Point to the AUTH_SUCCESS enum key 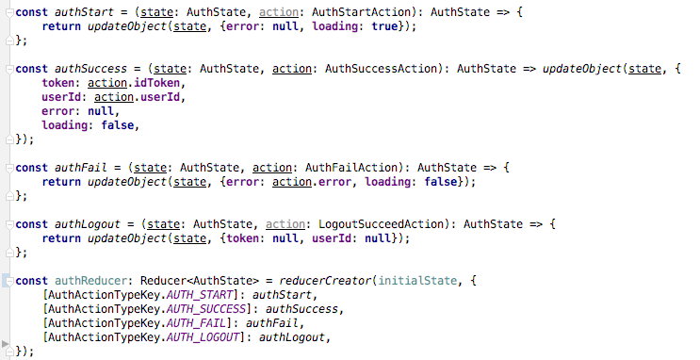pos(208,309)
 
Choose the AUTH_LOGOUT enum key pos(204,337)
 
